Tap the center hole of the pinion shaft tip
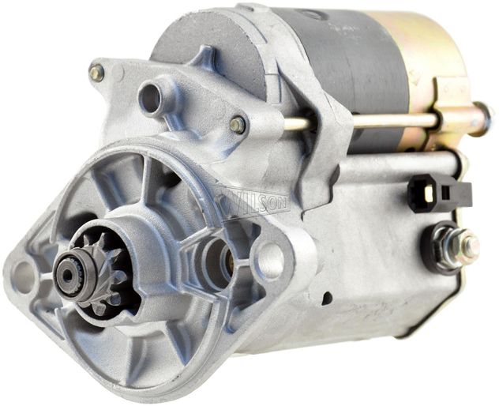(67, 275)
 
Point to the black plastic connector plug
(439, 193)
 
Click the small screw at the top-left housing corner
(97, 73)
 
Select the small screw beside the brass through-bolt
(238, 125)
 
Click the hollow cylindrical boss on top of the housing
(152, 98)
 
